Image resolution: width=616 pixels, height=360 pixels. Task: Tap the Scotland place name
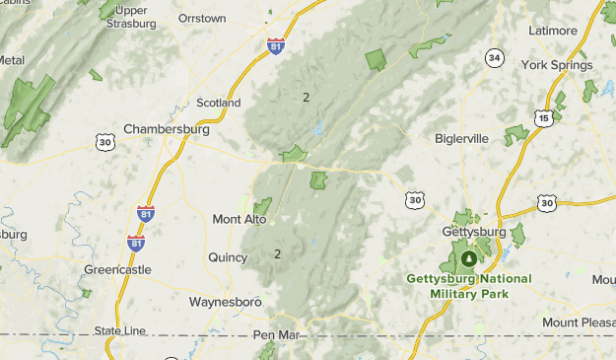(x=219, y=103)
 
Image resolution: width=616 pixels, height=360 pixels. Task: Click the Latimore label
(x=553, y=31)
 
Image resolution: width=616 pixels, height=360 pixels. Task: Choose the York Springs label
(x=557, y=65)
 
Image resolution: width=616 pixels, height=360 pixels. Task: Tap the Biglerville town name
(x=461, y=138)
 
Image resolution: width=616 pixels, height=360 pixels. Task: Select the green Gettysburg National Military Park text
(x=468, y=285)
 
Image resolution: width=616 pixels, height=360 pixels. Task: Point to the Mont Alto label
(x=240, y=219)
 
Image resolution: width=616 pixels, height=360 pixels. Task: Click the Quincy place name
(x=228, y=257)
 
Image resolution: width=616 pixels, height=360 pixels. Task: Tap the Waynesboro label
(x=224, y=301)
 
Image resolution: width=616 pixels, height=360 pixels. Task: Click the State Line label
(x=119, y=330)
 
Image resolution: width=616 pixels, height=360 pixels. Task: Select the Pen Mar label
(x=273, y=335)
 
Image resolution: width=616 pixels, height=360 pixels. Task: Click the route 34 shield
(x=494, y=58)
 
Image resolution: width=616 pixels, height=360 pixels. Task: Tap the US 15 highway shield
(x=544, y=117)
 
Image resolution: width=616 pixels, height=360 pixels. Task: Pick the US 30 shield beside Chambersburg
(x=104, y=143)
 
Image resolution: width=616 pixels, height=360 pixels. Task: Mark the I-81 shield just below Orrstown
(x=277, y=45)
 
